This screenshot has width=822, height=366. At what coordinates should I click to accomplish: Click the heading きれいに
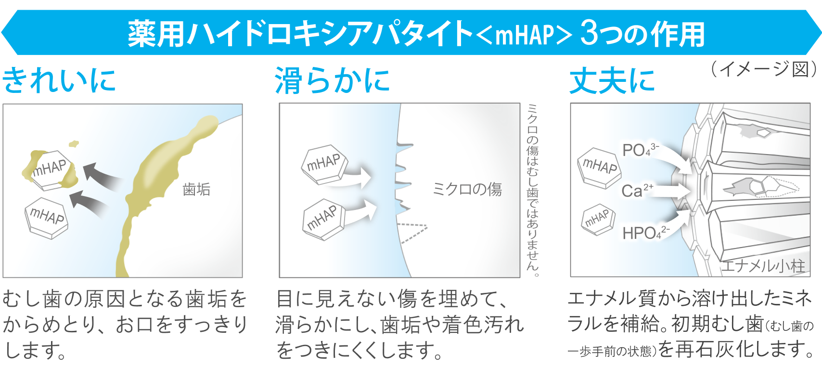coord(59,80)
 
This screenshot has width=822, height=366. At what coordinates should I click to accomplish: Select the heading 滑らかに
coord(332,80)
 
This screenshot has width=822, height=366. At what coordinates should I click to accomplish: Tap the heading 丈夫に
coord(612,80)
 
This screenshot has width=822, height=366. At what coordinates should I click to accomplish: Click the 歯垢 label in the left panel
coord(196,189)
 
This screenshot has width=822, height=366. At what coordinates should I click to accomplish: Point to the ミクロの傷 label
coord(467,189)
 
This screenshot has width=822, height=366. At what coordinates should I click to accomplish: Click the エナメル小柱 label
coord(763,266)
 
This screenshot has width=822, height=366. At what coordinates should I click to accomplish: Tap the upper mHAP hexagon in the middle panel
coord(324,164)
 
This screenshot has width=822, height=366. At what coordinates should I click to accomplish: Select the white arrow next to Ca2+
coord(671,191)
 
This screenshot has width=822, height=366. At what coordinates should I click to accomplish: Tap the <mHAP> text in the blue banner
coord(525,35)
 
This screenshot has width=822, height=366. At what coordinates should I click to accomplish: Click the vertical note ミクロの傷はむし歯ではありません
coord(532,190)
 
